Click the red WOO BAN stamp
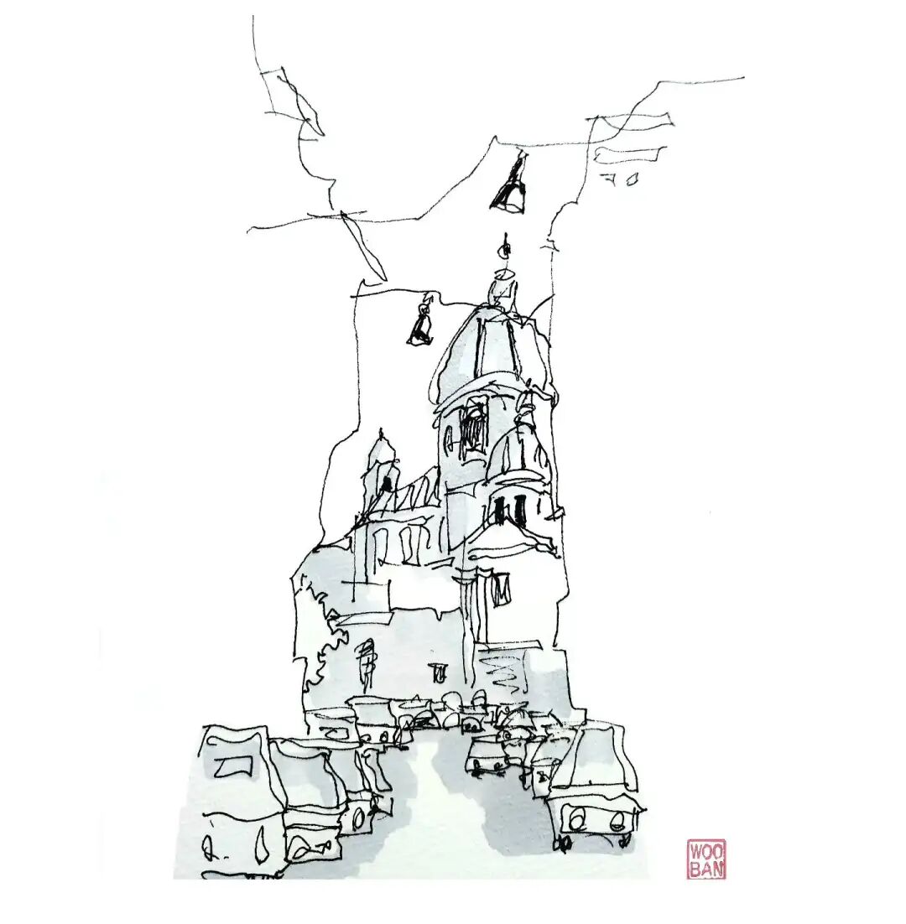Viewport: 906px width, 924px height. [707, 859]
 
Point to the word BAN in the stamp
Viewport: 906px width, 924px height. [707, 869]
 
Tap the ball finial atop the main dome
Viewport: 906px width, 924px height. [505, 250]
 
